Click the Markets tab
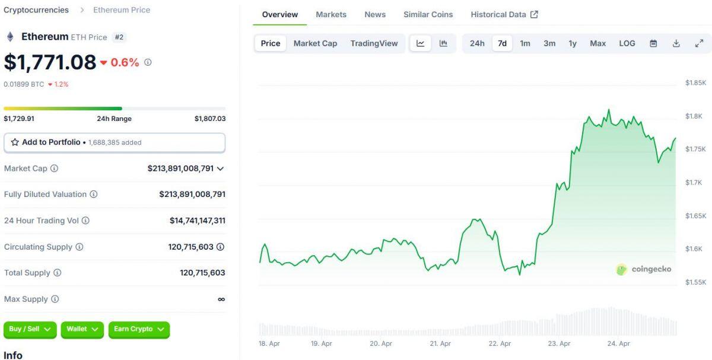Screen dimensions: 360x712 pyautogui.click(x=331, y=14)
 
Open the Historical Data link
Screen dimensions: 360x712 pyautogui.click(x=504, y=14)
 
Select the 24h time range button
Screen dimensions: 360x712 pyautogui.click(x=477, y=43)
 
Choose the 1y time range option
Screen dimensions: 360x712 pyautogui.click(x=573, y=43)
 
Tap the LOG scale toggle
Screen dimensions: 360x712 pyautogui.click(x=627, y=43)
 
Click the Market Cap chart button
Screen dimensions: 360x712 pyautogui.click(x=315, y=43)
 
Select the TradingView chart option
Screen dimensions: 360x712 pyautogui.click(x=374, y=43)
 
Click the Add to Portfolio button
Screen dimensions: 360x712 pyautogui.click(x=115, y=142)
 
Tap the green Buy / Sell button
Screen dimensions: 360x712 pyautogui.click(x=30, y=329)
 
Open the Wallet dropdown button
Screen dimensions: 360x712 pyautogui.click(x=82, y=329)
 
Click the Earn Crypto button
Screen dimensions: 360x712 pyautogui.click(x=139, y=329)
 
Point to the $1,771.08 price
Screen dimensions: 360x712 pyautogui.click(x=50, y=62)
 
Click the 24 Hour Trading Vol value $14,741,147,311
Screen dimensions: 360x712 pyautogui.click(x=197, y=221)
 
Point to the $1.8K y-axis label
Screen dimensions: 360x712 pyautogui.click(x=694, y=116)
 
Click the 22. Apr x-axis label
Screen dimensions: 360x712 pyautogui.click(x=500, y=343)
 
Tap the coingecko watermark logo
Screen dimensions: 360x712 pyautogui.click(x=644, y=269)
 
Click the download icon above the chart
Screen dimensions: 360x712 pyautogui.click(x=676, y=43)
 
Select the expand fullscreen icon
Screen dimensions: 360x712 pyautogui.click(x=699, y=43)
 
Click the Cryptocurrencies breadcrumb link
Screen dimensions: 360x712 pyautogui.click(x=36, y=10)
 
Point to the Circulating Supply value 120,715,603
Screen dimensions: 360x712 pyautogui.click(x=190, y=247)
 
